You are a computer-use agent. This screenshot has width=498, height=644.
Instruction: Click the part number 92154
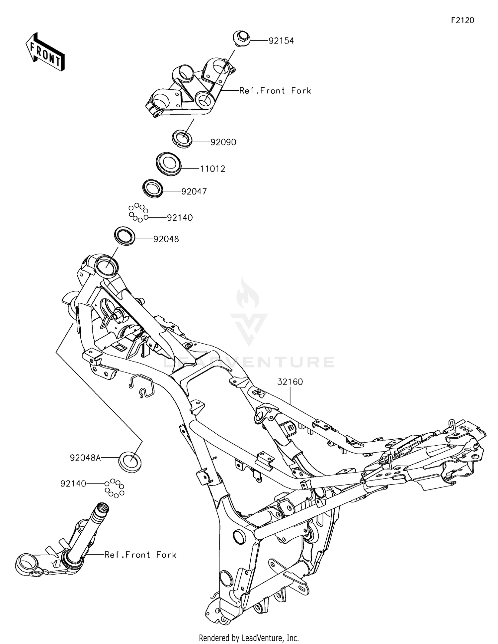pos(281,41)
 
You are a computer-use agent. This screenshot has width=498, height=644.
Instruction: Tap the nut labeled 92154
pos(241,37)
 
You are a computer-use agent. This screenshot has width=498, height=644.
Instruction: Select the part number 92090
pos(223,142)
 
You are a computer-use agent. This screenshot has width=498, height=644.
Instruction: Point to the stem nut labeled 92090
pos(182,138)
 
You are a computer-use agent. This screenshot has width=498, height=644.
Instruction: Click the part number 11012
pos(212,169)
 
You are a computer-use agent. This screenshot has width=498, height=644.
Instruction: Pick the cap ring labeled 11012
pos(168,163)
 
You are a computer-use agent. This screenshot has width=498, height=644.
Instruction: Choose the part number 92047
pos(194,191)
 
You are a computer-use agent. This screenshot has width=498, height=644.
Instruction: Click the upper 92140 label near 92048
pos(180,218)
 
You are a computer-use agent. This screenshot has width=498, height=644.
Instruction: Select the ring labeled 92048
pos(125,236)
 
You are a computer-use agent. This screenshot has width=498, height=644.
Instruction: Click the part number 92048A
pos(85,458)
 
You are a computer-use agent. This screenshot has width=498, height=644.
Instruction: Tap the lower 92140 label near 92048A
pos(73,483)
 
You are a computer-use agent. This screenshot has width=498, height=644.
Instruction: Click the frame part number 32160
pos(290,382)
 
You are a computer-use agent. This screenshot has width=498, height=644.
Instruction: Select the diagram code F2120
pos(462,20)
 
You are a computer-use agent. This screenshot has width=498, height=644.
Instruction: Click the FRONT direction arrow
pos(45,53)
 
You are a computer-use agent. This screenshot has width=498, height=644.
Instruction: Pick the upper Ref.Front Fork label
pos(275,91)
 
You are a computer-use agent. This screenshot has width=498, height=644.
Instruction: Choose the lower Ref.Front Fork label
pos(140,555)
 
